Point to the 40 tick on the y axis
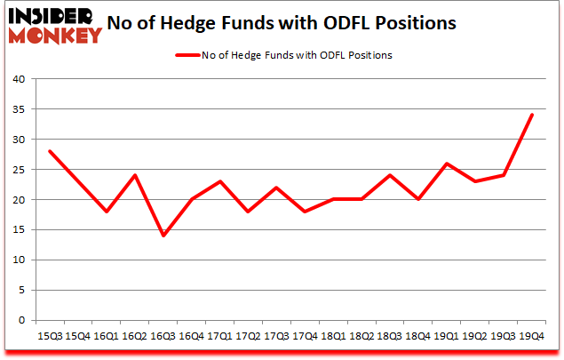click(x=19, y=79)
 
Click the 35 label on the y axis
click(x=19, y=109)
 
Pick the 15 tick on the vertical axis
click(x=19, y=230)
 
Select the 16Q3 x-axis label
click(x=163, y=336)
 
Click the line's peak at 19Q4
click(x=532, y=115)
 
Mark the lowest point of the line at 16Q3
click(x=163, y=236)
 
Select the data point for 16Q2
click(x=134, y=175)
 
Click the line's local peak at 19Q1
click(x=446, y=164)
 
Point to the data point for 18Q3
click(x=388, y=175)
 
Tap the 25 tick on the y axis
click(x=19, y=170)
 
